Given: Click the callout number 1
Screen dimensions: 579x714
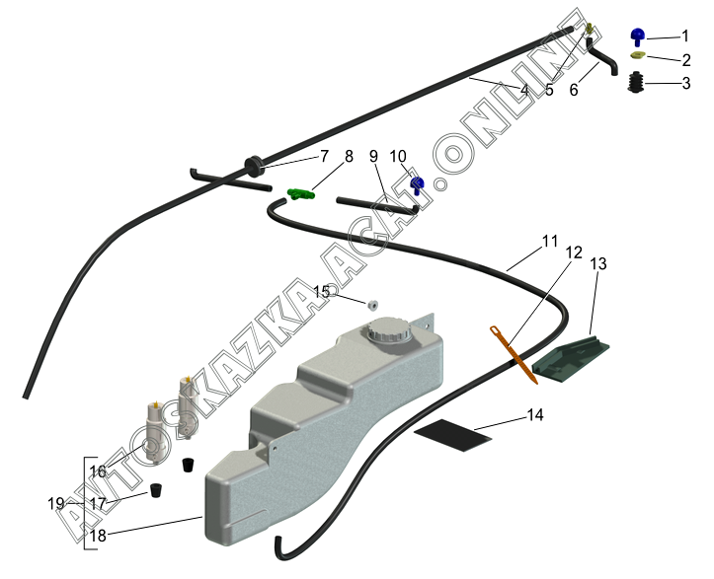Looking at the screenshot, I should point(684,36).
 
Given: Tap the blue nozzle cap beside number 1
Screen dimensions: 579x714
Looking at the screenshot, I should point(638,37).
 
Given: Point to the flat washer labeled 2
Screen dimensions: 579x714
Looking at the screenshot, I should point(638,57).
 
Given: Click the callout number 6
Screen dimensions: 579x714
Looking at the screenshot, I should point(574,90).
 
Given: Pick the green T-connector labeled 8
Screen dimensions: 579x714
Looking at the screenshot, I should point(302,194).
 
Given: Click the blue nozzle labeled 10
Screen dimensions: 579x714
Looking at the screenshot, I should point(417,183).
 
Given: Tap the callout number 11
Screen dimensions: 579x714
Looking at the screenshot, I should point(550,241).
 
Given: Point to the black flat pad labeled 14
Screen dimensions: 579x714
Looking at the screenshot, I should point(452,430).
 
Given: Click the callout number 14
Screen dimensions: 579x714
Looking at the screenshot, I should point(534,415).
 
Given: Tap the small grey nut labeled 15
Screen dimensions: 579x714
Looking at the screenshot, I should point(373,303).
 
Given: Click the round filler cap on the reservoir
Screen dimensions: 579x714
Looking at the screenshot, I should point(387,331).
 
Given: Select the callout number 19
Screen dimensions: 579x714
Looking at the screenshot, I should point(56,503).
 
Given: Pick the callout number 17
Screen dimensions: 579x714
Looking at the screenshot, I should point(99,503).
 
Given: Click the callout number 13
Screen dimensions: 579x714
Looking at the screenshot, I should point(599,264).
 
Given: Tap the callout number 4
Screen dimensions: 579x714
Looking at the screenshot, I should point(524,90).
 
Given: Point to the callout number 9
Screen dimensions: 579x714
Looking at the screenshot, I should point(374,156).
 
